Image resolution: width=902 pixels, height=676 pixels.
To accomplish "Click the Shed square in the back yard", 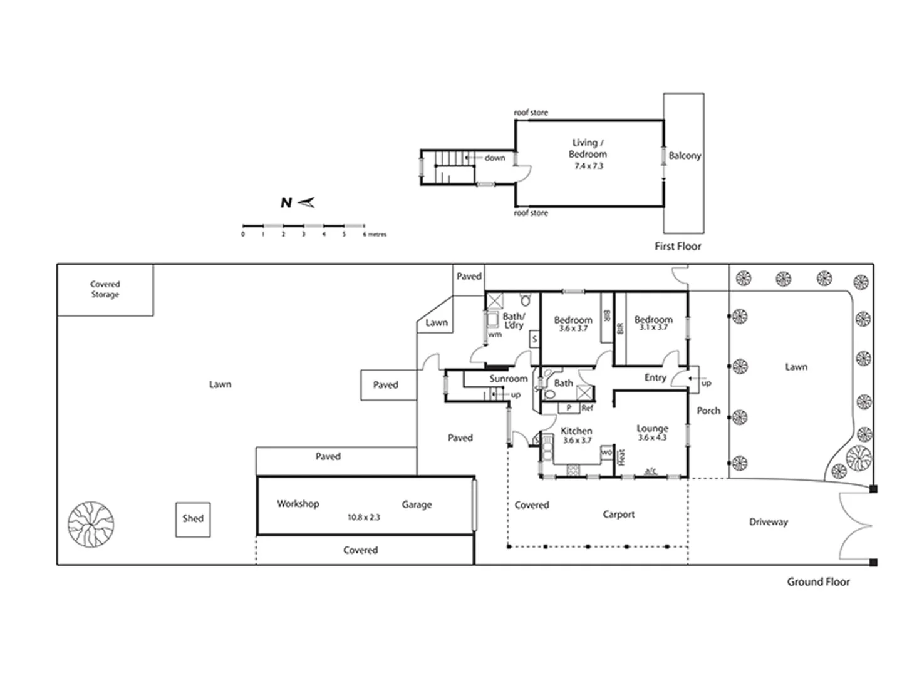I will (x=193, y=519).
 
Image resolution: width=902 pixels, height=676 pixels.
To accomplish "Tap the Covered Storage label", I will (x=105, y=289).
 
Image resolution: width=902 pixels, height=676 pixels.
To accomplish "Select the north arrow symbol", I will (x=305, y=202).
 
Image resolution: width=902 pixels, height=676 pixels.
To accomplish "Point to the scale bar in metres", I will (x=304, y=226).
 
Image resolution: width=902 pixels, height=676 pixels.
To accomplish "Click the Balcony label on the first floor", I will (x=684, y=156).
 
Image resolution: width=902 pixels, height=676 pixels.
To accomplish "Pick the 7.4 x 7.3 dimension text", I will (x=588, y=166).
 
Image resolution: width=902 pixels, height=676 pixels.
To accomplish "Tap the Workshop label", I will (x=298, y=504).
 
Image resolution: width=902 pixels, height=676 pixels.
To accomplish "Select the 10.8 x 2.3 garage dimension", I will (x=364, y=518).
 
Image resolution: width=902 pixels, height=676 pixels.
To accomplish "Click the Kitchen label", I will (x=576, y=431).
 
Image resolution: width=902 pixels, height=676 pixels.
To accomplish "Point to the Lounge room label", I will (x=653, y=428).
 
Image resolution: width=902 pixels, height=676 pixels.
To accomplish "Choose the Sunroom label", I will (x=508, y=379).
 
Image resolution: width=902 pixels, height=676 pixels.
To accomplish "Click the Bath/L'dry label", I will (x=514, y=320).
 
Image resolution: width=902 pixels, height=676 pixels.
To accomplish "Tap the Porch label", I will (x=708, y=411).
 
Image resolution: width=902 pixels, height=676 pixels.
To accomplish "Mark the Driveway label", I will (x=768, y=522).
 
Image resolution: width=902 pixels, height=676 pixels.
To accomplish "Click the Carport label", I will (x=618, y=515).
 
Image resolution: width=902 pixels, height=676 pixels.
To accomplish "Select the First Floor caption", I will (x=678, y=247).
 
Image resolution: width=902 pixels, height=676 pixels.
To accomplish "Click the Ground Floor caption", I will (x=818, y=582).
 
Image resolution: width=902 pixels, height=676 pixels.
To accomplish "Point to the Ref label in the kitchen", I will (x=587, y=408).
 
